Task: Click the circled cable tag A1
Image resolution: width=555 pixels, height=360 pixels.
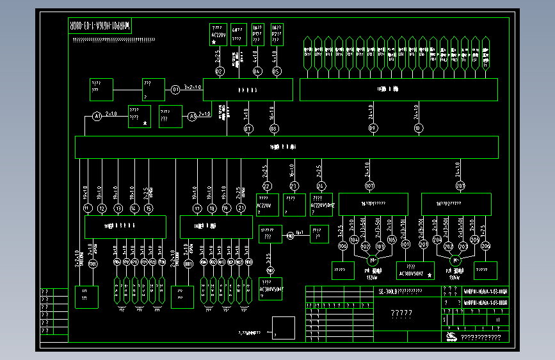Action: point(97,116)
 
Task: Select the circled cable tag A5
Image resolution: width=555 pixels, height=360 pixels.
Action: point(192,116)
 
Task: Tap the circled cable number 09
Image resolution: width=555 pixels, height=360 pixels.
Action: point(373,129)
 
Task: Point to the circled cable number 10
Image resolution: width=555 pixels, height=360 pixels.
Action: point(419,129)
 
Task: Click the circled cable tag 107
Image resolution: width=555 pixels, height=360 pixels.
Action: point(370,186)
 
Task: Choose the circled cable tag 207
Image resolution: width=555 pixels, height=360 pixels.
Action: point(460,186)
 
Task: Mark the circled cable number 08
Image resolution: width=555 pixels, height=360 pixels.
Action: point(274,129)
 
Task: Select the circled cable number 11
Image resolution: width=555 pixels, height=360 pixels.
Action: point(88,208)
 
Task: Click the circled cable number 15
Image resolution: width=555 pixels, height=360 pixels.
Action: point(149,208)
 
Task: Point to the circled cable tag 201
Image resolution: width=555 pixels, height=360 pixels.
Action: point(422,244)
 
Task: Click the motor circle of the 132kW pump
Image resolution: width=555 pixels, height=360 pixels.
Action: point(373,260)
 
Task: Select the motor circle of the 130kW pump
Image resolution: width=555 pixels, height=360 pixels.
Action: point(456,260)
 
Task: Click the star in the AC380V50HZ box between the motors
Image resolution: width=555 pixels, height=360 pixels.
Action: point(430,275)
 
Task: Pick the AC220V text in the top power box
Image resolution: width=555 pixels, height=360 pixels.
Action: point(219,36)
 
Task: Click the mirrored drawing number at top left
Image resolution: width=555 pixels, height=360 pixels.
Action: point(100,27)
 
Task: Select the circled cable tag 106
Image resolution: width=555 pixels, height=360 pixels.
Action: point(342,246)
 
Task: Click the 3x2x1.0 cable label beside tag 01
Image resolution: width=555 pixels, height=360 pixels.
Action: point(193,86)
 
